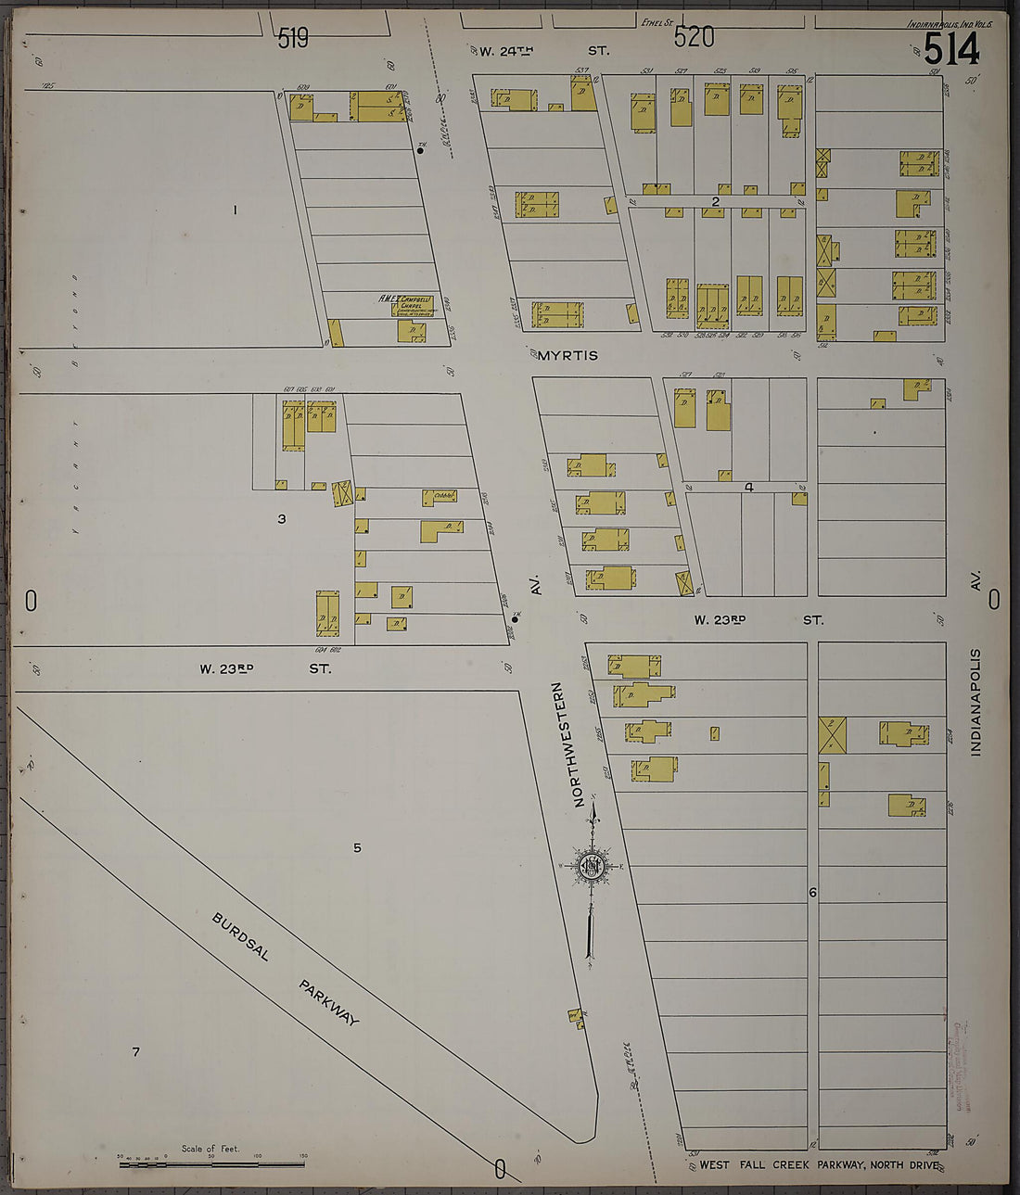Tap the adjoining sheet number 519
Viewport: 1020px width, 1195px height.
[x=293, y=38]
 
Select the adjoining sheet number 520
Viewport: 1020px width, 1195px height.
[x=694, y=37]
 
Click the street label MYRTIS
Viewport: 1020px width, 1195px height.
[x=567, y=355]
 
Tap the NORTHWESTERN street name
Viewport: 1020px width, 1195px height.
[x=580, y=744]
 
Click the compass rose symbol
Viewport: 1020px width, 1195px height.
[x=592, y=867]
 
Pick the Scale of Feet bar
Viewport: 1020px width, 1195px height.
[x=211, y=1163]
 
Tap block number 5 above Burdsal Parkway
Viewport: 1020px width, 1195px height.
[x=357, y=847]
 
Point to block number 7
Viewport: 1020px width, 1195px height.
[x=135, y=1051]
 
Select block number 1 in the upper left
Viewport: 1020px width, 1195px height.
[x=235, y=210]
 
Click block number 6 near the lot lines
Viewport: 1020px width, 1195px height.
[x=812, y=893]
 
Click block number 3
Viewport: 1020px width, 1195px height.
[x=282, y=519]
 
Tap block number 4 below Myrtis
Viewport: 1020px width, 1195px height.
[x=748, y=487]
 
